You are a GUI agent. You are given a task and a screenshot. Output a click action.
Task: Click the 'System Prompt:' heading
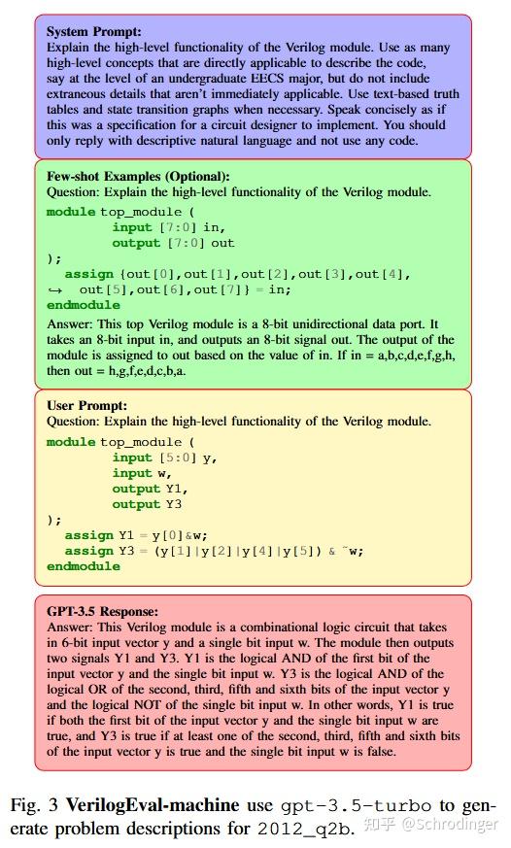pyautogui.click(x=93, y=31)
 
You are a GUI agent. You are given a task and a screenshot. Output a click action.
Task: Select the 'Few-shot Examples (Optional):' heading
pyautogui.click(x=138, y=176)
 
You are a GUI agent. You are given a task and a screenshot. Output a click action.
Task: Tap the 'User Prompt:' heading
pyautogui.click(x=86, y=405)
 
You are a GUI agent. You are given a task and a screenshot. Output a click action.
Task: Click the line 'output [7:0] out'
pyautogui.click(x=173, y=243)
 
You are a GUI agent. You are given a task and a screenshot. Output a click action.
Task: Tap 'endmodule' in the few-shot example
pyautogui.click(x=84, y=305)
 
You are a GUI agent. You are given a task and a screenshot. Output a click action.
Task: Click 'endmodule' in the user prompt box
pyautogui.click(x=84, y=566)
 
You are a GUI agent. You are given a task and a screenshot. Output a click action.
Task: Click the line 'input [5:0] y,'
pyautogui.click(x=164, y=458)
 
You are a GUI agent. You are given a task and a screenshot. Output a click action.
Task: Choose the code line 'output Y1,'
pyautogui.click(x=150, y=489)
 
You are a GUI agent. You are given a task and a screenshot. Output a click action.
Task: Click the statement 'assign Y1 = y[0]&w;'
pyautogui.click(x=137, y=535)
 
